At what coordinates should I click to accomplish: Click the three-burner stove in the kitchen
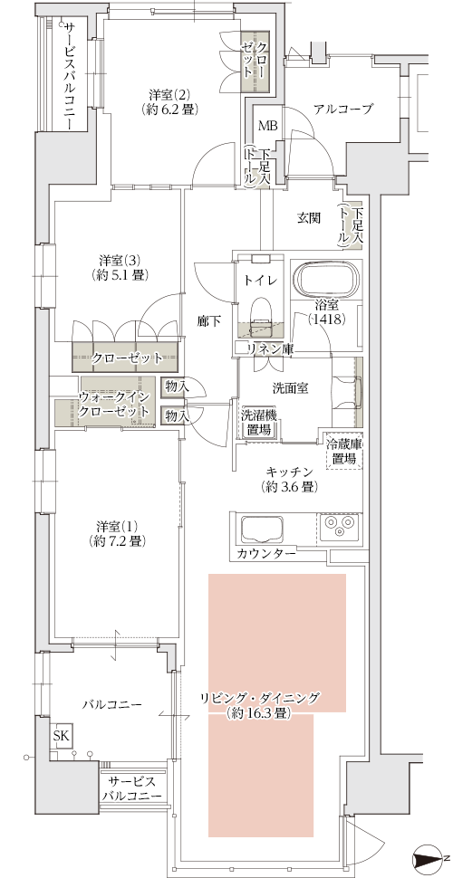[338, 528]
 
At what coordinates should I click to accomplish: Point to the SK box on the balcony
[61, 735]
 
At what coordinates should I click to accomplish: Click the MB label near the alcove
[267, 126]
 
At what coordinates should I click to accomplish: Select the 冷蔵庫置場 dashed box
[342, 452]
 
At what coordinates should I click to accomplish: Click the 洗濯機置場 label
[257, 423]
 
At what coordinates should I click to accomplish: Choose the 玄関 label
[309, 218]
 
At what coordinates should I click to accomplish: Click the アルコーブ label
[343, 110]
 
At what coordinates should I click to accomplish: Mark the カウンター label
[265, 554]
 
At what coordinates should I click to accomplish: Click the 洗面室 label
[291, 388]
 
